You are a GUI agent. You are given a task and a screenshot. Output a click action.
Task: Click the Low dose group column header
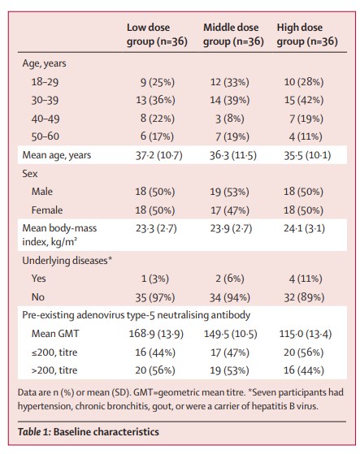click(x=157, y=34)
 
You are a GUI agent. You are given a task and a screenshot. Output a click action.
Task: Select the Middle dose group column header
click(x=233, y=34)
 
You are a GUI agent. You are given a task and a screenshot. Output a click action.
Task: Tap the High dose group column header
click(x=307, y=34)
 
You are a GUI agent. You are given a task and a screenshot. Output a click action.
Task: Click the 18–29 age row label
click(x=45, y=82)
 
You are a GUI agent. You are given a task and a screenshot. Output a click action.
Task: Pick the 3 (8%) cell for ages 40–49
click(x=230, y=119)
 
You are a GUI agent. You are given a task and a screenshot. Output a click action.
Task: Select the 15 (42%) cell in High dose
click(x=304, y=100)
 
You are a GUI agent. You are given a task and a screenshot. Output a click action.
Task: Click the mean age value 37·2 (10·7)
click(x=159, y=155)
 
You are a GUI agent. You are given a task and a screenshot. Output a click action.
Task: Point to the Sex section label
click(x=30, y=174)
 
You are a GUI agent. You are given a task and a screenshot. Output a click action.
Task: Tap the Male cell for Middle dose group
click(x=230, y=192)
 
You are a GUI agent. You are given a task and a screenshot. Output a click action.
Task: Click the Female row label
click(x=47, y=210)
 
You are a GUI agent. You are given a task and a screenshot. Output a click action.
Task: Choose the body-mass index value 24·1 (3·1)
click(x=304, y=228)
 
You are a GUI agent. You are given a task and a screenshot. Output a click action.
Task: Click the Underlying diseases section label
click(x=67, y=260)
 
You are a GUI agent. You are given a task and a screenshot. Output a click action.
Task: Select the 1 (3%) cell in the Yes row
click(x=155, y=279)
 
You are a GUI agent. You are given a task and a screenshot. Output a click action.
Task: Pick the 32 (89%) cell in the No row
click(x=304, y=297)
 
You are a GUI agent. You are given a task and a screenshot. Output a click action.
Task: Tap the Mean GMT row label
click(x=55, y=334)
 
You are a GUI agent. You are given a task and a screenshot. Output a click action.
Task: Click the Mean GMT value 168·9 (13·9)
click(x=156, y=334)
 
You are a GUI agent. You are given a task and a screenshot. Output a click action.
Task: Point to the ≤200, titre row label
click(x=54, y=352)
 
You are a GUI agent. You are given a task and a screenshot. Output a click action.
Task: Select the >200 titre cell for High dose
click(x=304, y=370)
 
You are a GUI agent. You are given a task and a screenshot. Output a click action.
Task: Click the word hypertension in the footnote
click(x=45, y=406)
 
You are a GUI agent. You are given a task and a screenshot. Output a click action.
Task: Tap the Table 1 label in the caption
click(x=34, y=432)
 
